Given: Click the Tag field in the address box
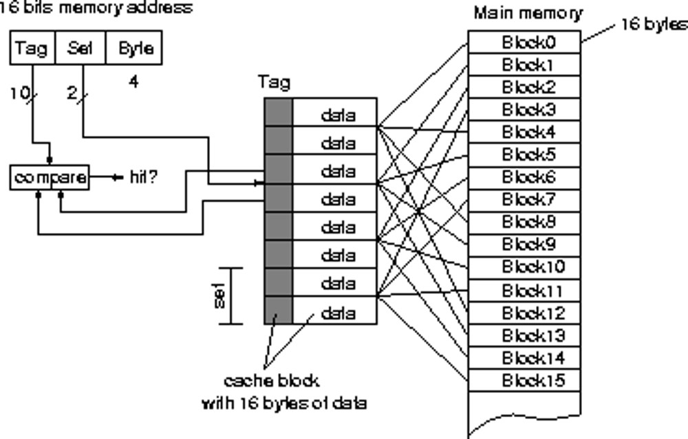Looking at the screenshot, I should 32,48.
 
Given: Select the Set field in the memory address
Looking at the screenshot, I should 80,48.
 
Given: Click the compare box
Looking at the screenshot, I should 50,178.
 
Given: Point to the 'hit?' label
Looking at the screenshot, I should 142,178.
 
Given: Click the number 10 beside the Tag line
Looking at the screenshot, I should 18,93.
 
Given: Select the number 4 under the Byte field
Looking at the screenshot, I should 133,82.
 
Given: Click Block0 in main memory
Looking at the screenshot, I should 524,43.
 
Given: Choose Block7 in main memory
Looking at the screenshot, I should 524,199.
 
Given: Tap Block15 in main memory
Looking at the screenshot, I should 524,380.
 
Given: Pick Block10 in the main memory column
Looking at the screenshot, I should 524,267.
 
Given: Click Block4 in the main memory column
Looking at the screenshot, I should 524,132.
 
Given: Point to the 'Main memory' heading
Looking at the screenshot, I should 528,13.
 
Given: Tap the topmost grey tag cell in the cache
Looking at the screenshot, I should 279,112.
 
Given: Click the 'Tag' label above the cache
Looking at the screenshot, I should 274,82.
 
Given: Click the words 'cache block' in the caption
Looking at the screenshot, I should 271,380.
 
